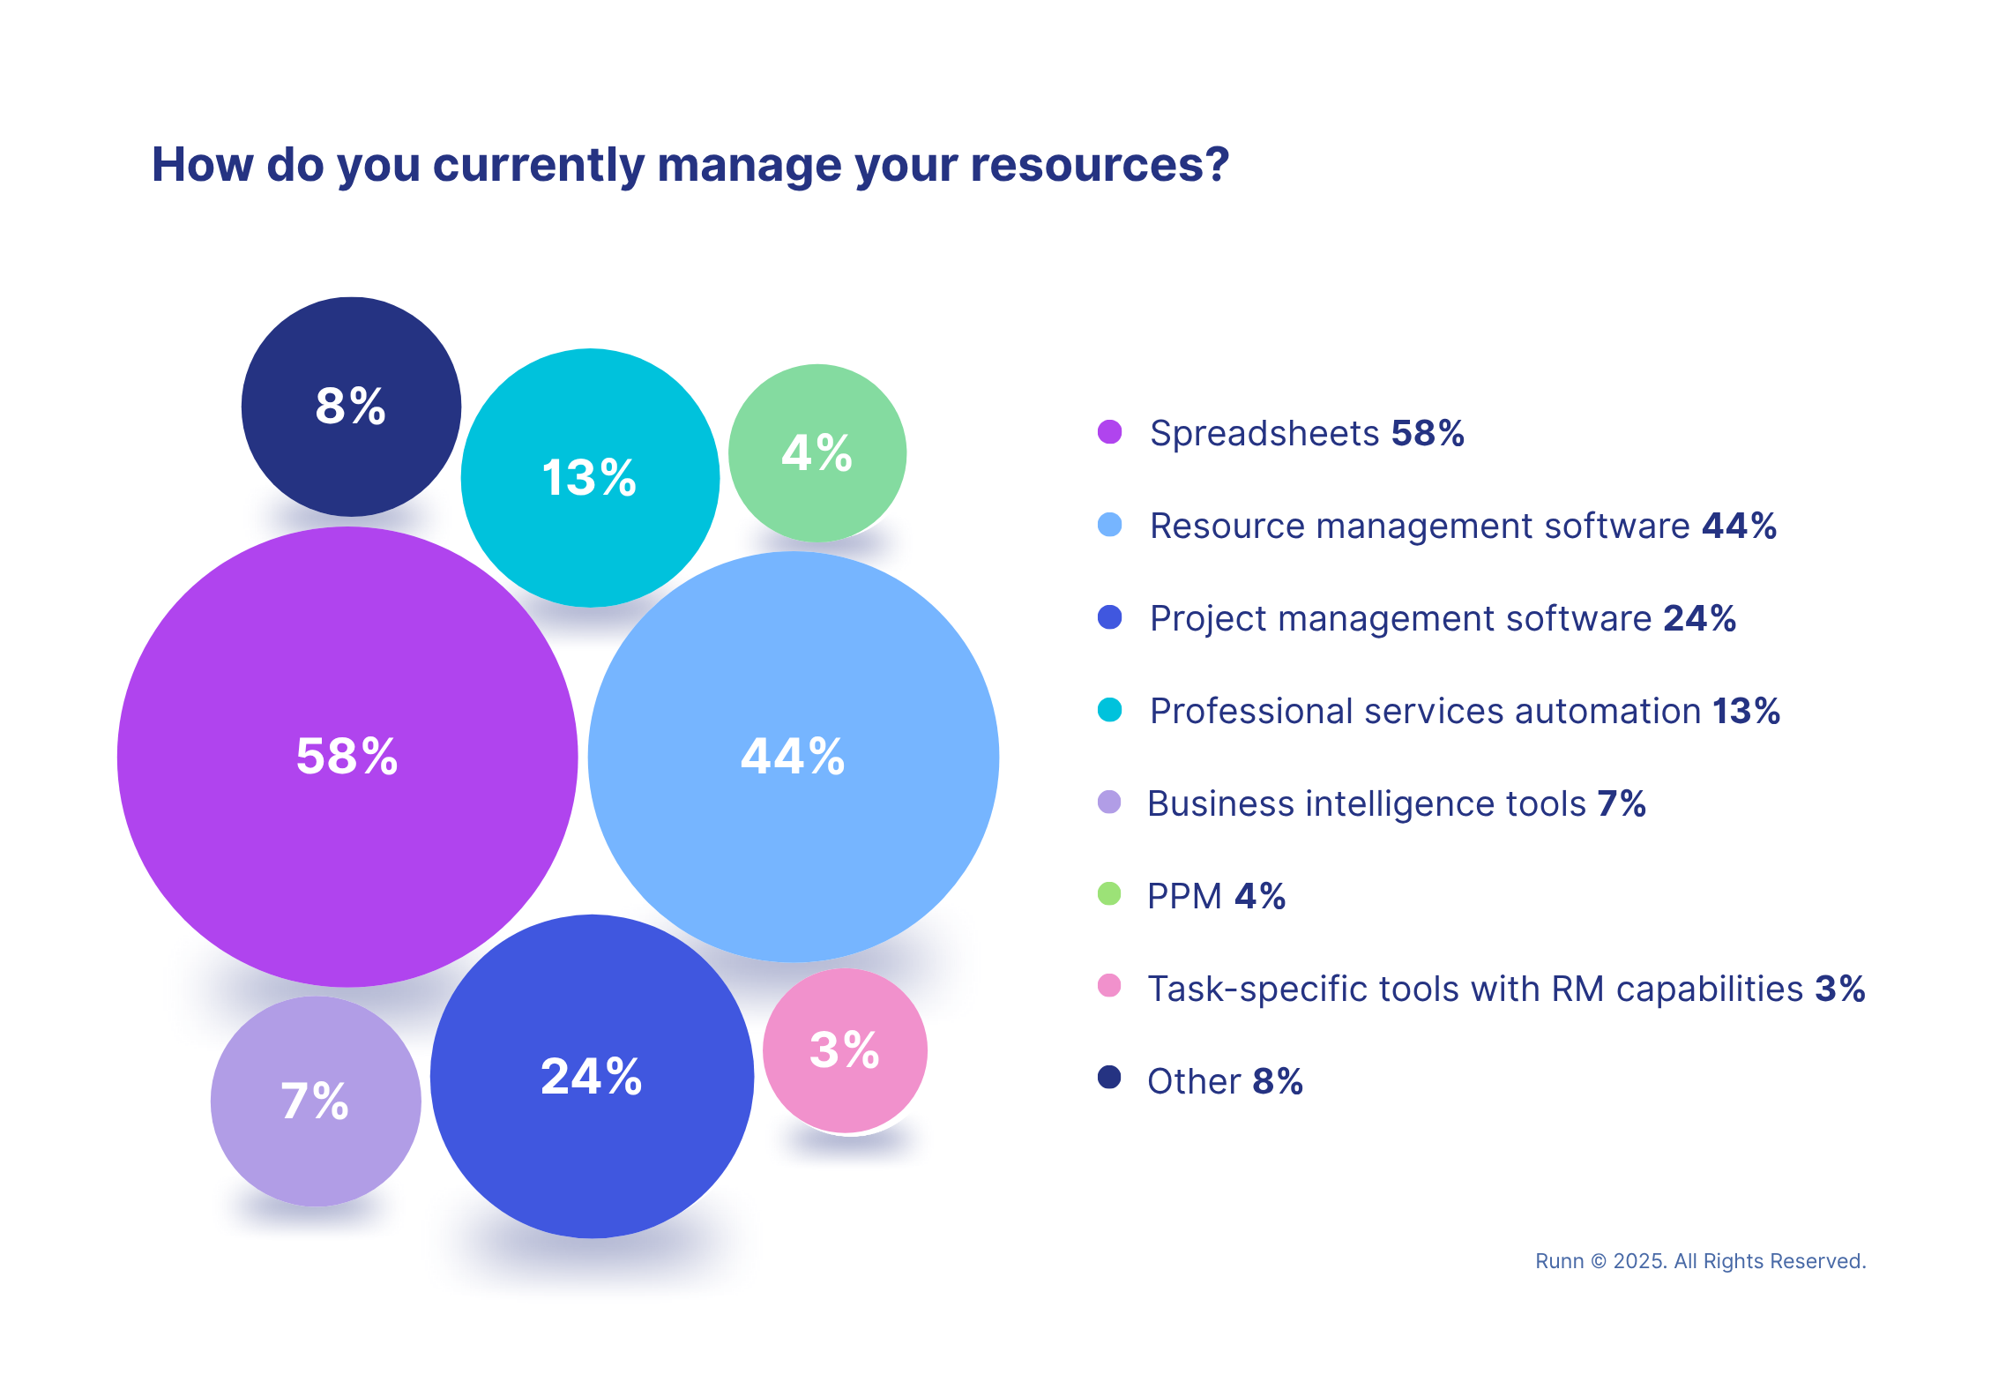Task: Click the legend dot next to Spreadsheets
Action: (x=1109, y=432)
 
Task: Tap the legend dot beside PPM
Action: (x=1109, y=894)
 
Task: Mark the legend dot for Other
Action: (x=1109, y=1077)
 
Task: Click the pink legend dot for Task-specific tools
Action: (x=1109, y=985)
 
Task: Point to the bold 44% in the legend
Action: (x=1739, y=526)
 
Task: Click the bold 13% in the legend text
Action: (x=1746, y=711)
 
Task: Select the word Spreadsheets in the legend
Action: (x=1264, y=434)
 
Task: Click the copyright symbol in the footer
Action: (x=1599, y=1262)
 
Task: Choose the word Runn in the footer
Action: (x=1559, y=1262)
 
